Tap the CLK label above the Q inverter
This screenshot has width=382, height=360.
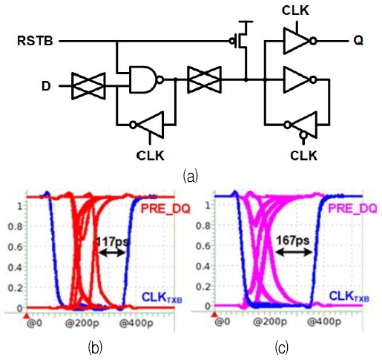pyautogui.click(x=297, y=10)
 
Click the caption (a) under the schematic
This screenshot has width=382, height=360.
pyautogui.click(x=191, y=177)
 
